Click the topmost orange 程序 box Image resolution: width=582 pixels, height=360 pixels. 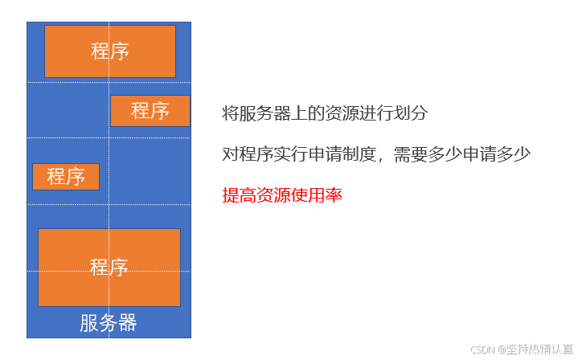109,51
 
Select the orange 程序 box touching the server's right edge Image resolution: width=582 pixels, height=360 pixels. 150,111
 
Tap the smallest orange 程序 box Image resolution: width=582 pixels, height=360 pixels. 66,177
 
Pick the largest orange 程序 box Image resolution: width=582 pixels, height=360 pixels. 109,268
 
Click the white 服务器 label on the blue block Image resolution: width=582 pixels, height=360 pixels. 109,323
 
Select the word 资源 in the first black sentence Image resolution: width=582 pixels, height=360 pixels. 337,113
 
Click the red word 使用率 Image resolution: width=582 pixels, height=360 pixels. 315,194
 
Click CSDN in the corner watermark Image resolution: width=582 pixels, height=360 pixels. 482,350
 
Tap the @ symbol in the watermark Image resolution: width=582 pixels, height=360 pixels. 500,350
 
